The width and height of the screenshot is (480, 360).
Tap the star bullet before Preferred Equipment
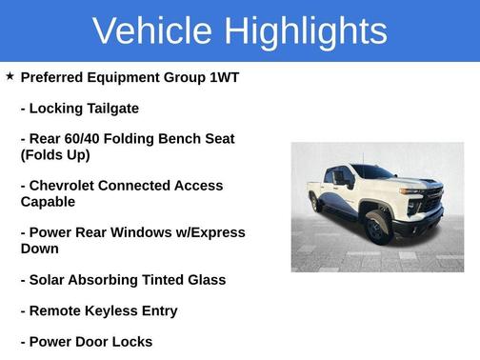[x=10, y=76]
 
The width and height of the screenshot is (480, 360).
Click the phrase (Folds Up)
[x=55, y=155]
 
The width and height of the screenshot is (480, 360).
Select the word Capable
[x=48, y=202]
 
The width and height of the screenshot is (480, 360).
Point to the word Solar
[x=49, y=280]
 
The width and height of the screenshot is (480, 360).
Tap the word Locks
[x=130, y=341]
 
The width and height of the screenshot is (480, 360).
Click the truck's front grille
[x=430, y=201]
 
